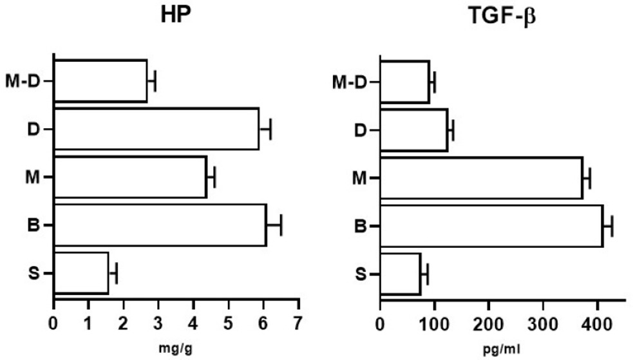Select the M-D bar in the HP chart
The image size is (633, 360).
(100, 81)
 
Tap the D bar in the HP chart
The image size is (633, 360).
(156, 129)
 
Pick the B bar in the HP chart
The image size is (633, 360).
(160, 225)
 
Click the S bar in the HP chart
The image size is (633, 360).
(81, 273)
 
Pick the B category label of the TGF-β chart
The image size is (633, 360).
(361, 226)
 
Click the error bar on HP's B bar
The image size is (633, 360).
(274, 225)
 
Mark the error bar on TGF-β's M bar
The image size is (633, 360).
(586, 178)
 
